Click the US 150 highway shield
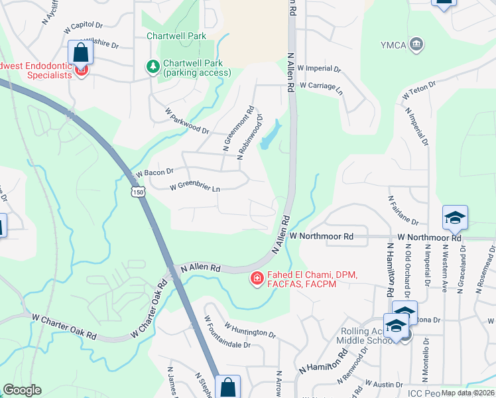(x=137, y=192)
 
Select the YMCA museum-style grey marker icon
(x=416, y=44)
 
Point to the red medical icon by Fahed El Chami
(x=255, y=279)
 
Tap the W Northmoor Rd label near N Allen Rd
(x=322, y=236)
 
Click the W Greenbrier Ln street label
(x=194, y=188)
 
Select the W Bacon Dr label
(x=154, y=172)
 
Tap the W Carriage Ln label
(x=320, y=86)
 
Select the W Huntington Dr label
(x=249, y=330)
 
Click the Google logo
(x=22, y=391)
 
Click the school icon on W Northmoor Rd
(x=456, y=218)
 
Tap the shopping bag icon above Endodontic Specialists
(x=80, y=52)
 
